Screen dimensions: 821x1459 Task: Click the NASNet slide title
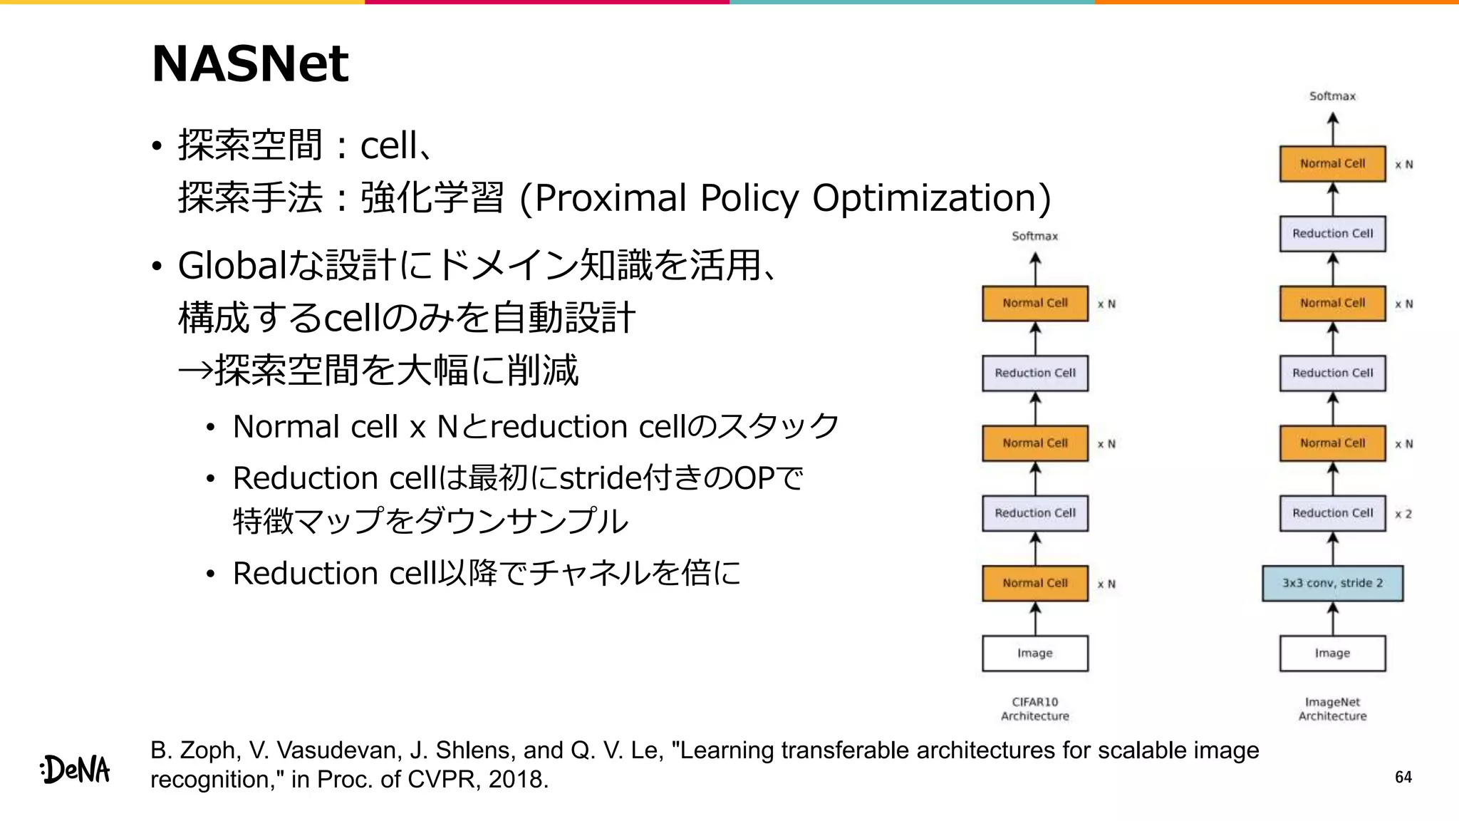pos(250,64)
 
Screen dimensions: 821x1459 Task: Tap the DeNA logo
pos(76,770)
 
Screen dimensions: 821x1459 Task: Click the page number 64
pos(1403,777)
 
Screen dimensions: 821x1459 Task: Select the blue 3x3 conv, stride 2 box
pos(1332,583)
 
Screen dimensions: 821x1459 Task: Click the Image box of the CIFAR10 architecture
pos(1034,653)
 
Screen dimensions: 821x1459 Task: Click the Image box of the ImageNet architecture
pos(1332,653)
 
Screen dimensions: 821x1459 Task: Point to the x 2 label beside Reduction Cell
pos(1403,514)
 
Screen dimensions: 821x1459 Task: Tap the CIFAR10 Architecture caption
pos(1034,709)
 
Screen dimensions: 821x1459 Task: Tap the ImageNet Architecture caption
pos(1332,709)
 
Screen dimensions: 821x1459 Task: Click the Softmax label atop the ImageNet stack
pos(1332,96)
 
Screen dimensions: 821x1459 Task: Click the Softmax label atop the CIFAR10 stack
pos(1034,236)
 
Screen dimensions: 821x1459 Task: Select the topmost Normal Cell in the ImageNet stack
pos(1332,164)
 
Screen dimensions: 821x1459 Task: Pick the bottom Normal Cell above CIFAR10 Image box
pos(1034,583)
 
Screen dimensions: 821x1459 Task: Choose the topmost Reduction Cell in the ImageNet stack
pos(1332,234)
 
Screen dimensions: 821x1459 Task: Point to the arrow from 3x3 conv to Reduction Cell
pos(1332,549)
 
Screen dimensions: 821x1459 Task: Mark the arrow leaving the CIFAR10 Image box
pos(1035,619)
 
